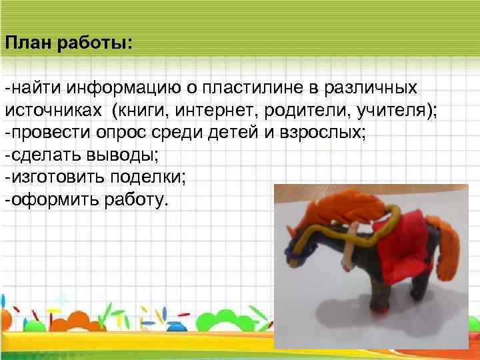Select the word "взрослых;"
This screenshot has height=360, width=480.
pyautogui.click(x=323, y=133)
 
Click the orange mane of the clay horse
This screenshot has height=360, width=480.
pyautogui.click(x=347, y=203)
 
